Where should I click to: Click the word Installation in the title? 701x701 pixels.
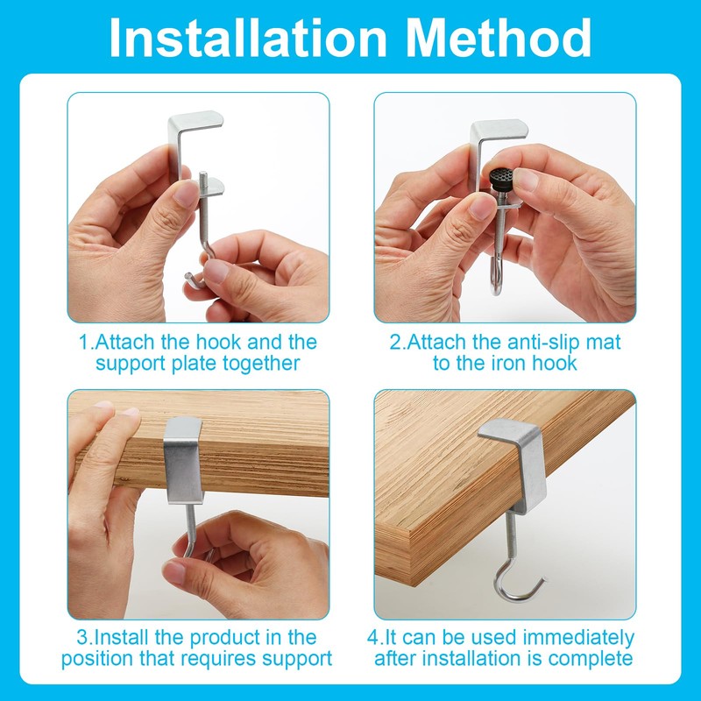pyautogui.click(x=248, y=38)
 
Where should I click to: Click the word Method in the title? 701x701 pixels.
pyautogui.click(x=499, y=38)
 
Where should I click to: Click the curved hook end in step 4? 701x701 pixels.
pyautogui.click(x=519, y=585)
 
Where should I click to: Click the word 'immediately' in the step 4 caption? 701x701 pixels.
pyautogui.click(x=578, y=638)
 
